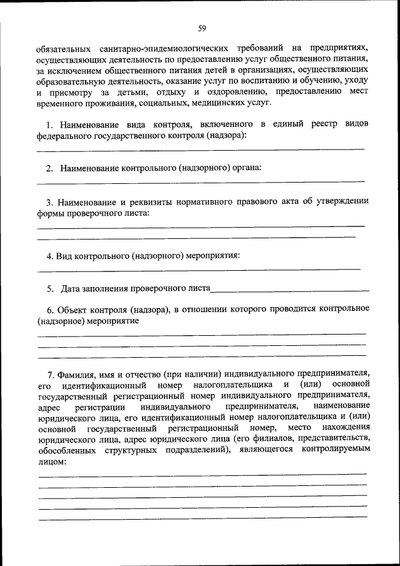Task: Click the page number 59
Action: coord(202,28)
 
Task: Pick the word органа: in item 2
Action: coord(246,168)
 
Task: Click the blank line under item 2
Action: coord(200,181)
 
